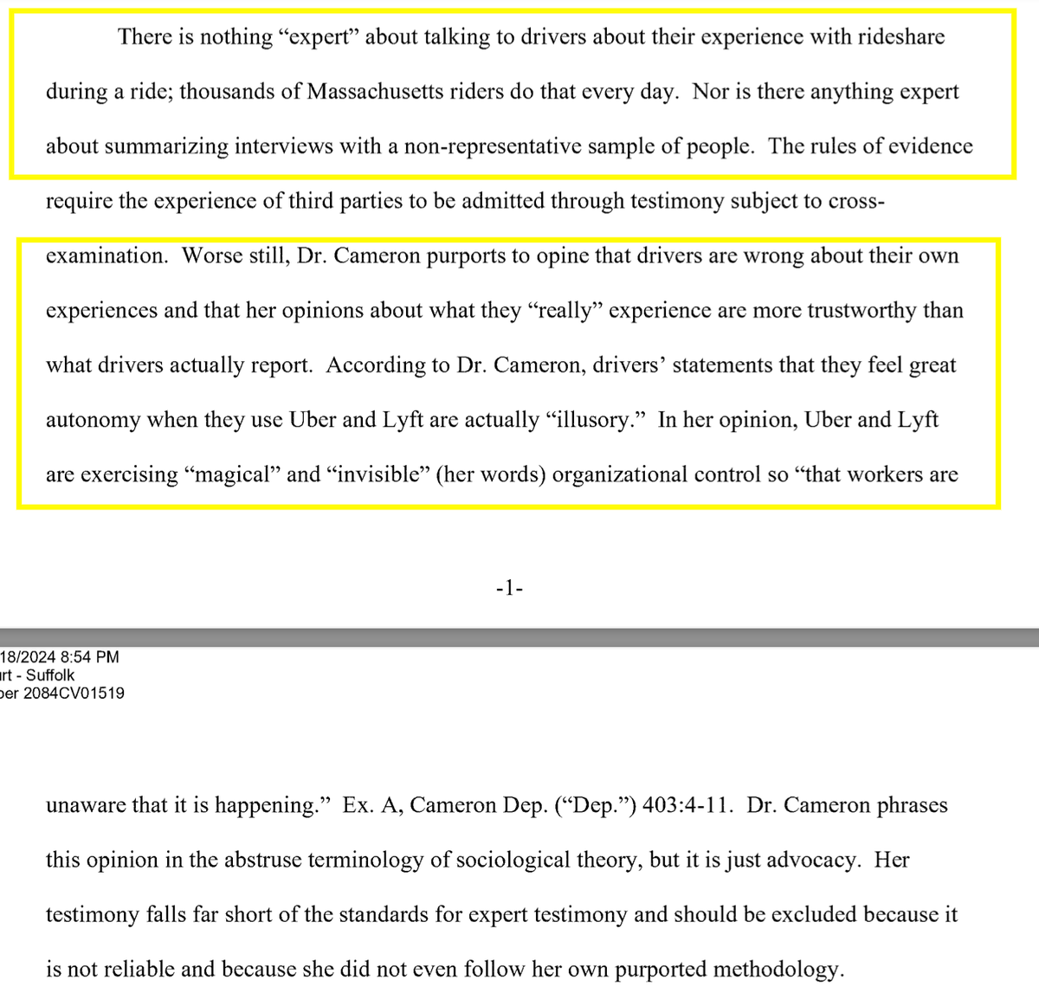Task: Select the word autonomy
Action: pos(94,421)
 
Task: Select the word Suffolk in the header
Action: pos(50,675)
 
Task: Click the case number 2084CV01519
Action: pos(74,693)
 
